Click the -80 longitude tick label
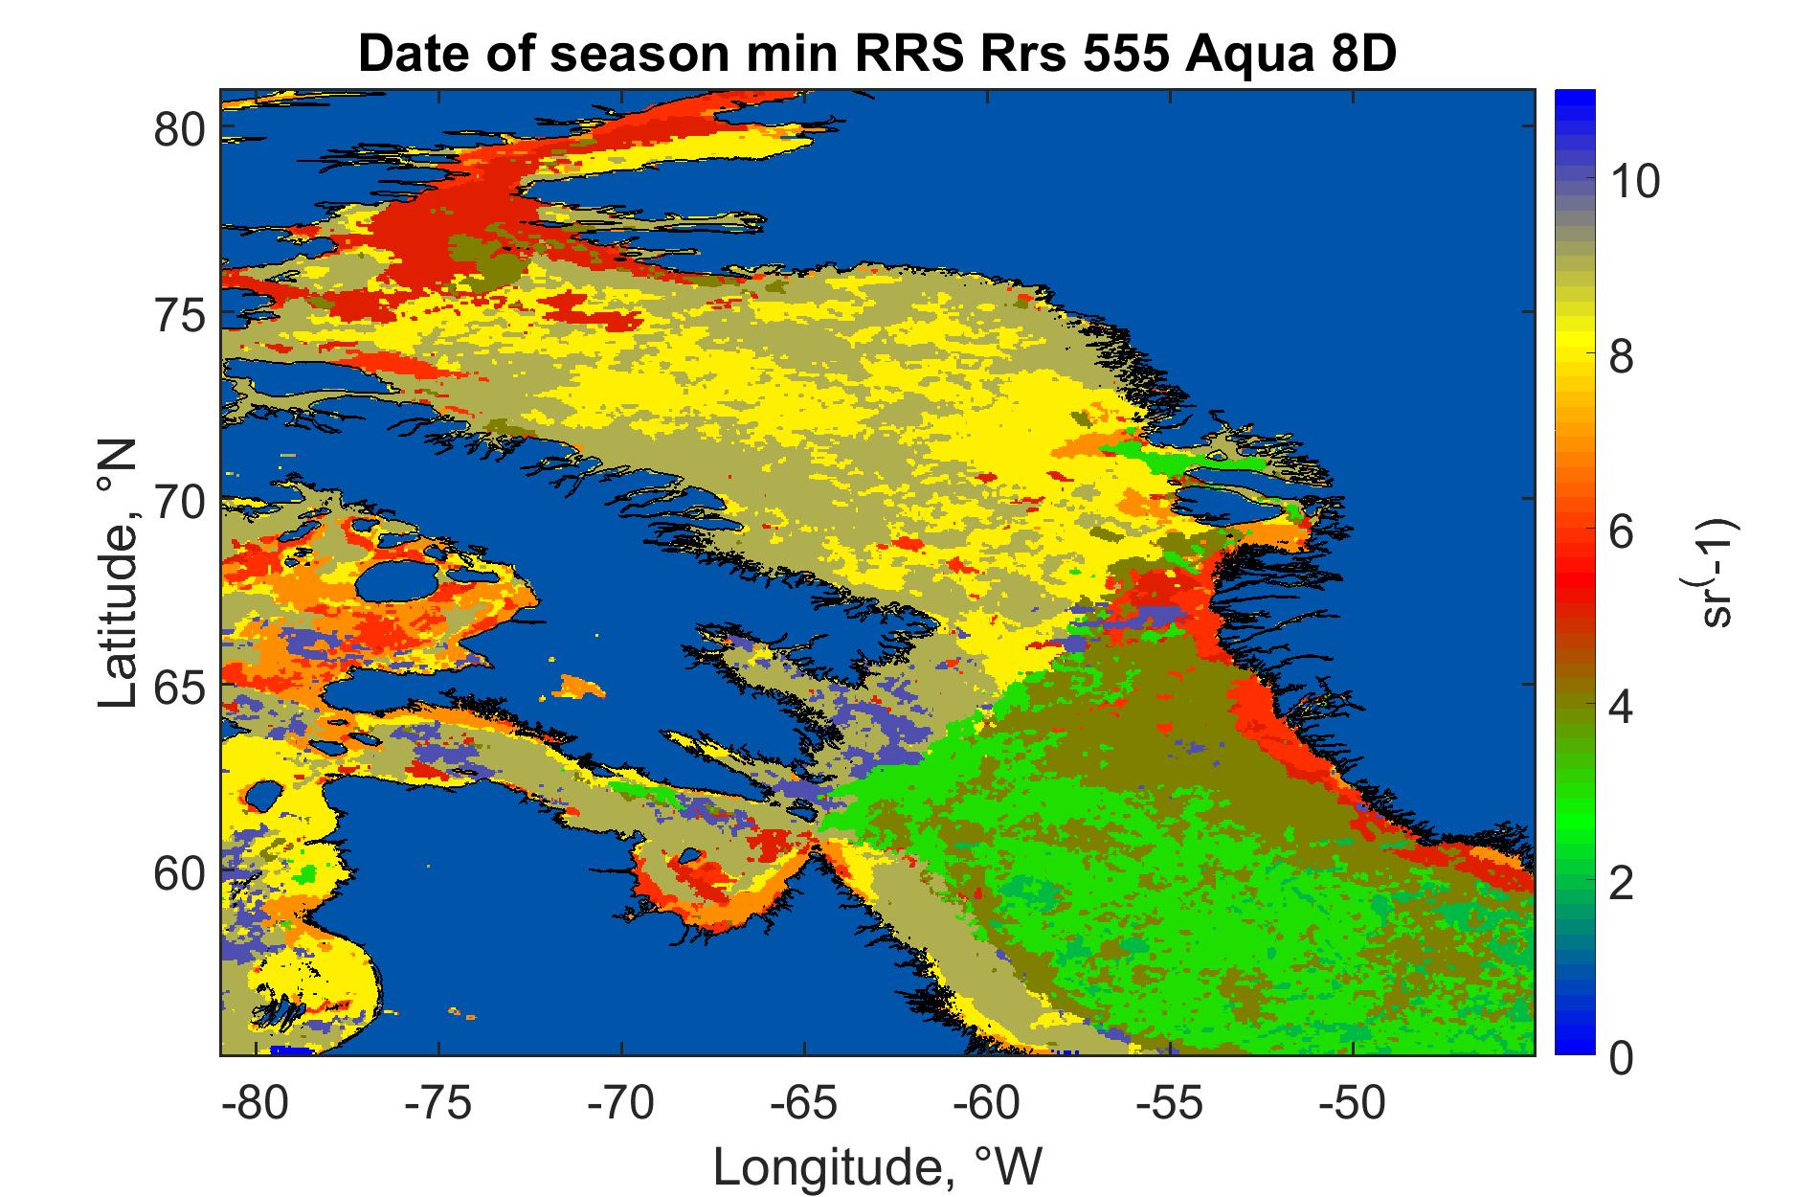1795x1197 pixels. [255, 1104]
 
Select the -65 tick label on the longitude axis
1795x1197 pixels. [804, 1104]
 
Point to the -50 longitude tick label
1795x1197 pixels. [1352, 1104]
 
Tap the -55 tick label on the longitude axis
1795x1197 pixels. [1169, 1104]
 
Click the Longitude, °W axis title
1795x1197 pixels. [877, 1166]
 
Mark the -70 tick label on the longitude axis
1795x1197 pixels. [621, 1104]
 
